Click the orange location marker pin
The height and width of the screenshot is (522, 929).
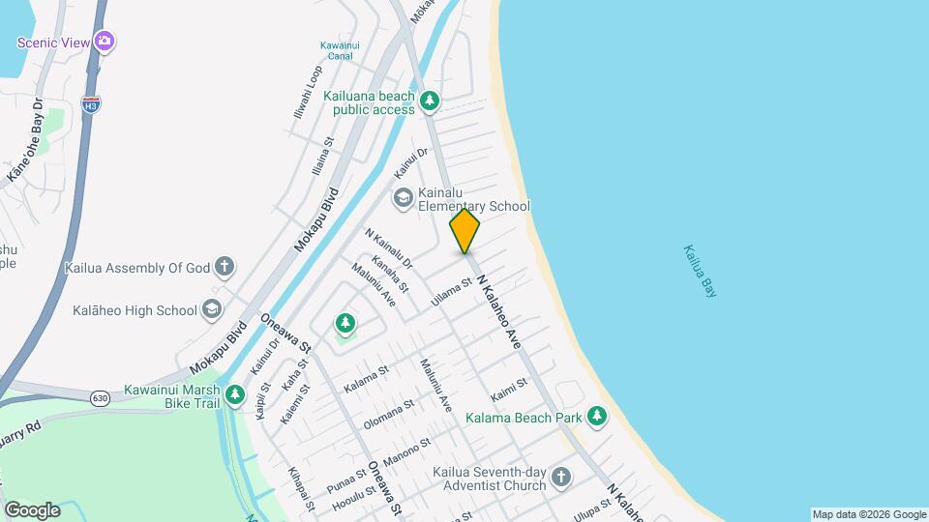[x=464, y=230]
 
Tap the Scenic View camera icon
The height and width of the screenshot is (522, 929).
[x=105, y=42]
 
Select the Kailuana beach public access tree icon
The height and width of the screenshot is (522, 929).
[x=430, y=100]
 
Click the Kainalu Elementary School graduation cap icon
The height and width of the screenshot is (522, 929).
[x=403, y=198]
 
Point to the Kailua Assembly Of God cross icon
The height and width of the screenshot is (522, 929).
[x=224, y=267]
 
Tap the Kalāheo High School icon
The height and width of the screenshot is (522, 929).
[x=212, y=310]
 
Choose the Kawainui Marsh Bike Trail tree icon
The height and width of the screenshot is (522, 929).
[x=234, y=394]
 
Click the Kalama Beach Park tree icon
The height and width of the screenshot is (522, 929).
[x=598, y=417]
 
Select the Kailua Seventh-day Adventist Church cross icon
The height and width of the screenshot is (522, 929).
[x=560, y=477]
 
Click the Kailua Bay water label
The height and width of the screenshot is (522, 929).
[x=700, y=270]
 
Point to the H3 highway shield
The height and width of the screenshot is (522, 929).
[x=91, y=102]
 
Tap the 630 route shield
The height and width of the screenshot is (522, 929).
[x=100, y=397]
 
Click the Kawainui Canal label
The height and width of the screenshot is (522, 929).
[x=339, y=49]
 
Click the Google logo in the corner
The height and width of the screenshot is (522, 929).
[x=32, y=509]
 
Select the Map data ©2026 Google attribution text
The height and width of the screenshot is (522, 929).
[x=868, y=514]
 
